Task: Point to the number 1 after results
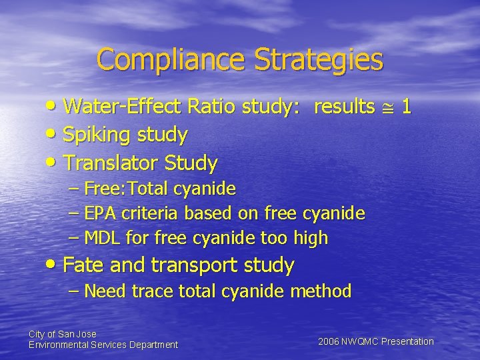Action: (406, 107)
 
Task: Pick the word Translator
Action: (108, 163)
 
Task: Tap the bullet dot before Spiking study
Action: (54, 136)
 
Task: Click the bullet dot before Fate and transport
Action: (54, 266)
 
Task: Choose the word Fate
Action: (83, 265)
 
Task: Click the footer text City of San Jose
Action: (63, 333)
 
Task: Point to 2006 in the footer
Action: (329, 341)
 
